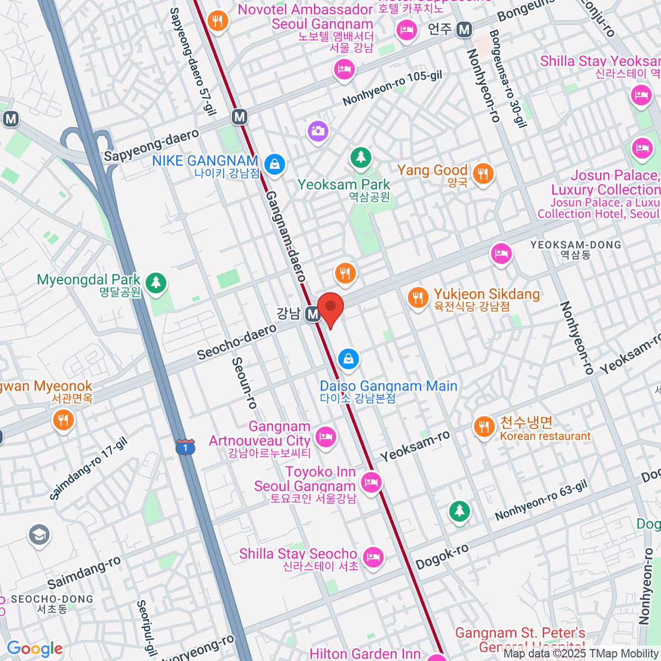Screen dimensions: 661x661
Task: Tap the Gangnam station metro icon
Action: point(313,314)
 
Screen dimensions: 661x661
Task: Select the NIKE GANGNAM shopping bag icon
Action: point(274,164)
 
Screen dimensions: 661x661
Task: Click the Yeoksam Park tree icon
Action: point(361,158)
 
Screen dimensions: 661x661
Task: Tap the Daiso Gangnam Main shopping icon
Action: point(348,360)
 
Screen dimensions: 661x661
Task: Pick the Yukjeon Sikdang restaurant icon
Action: point(418,298)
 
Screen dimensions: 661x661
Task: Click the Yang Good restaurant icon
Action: point(483,174)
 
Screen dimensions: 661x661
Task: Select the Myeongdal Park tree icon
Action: point(156,283)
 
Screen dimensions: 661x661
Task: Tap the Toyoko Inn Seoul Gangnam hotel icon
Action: point(372,483)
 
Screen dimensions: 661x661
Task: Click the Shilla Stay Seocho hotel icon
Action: point(373,556)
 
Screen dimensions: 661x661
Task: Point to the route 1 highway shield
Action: point(186,447)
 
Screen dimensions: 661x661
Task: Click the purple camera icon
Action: point(318,131)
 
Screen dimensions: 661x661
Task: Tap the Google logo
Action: point(35,648)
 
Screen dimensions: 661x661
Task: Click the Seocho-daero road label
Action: point(237,342)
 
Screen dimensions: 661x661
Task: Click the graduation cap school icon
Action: point(39,535)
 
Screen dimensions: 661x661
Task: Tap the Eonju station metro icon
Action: point(464,29)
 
